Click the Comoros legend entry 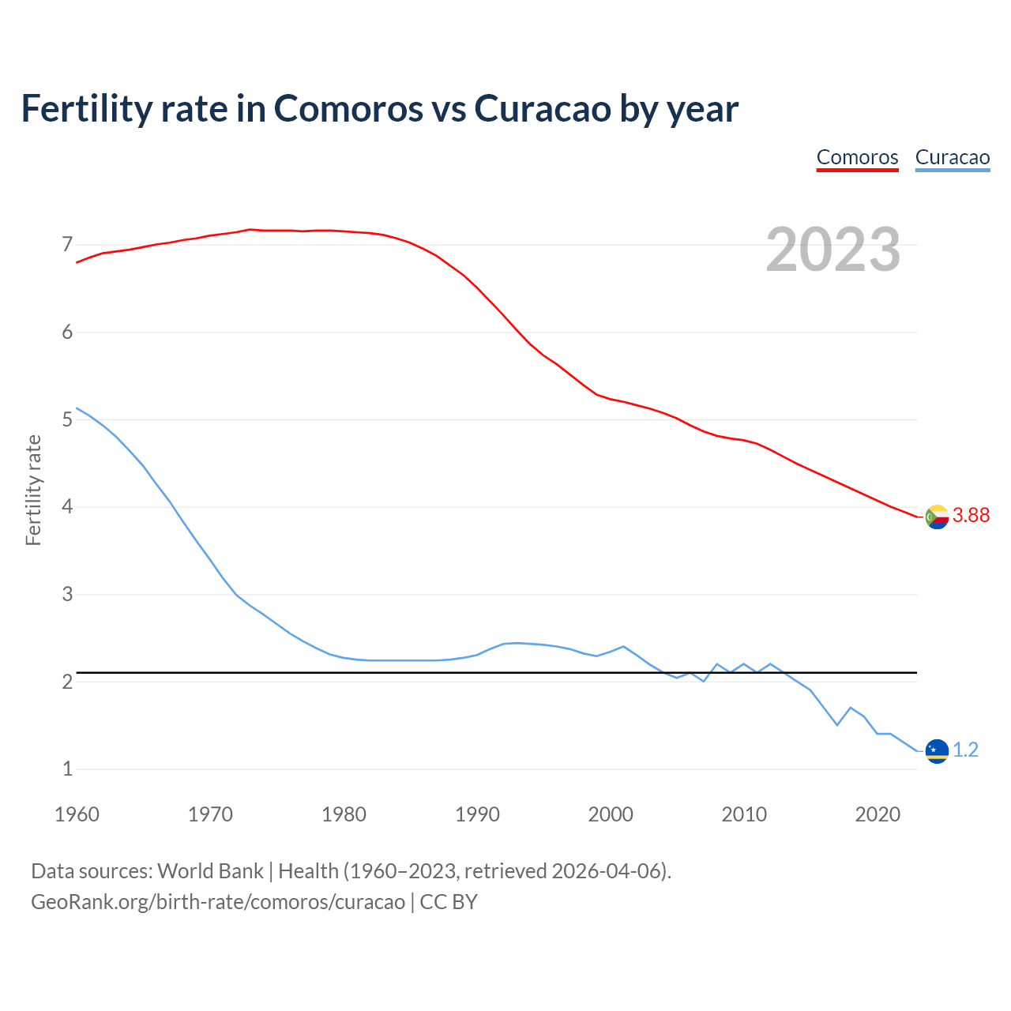pyautogui.click(x=857, y=157)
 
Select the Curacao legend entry pyautogui.click(x=952, y=157)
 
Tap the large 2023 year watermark pyautogui.click(x=832, y=250)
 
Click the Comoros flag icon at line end pyautogui.click(x=937, y=517)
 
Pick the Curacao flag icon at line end pyautogui.click(x=937, y=750)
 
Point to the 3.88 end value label pyautogui.click(x=971, y=516)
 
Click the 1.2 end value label pyautogui.click(x=965, y=750)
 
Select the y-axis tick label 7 pyautogui.click(x=67, y=245)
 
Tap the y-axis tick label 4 pyautogui.click(x=67, y=507)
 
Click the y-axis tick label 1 pyautogui.click(x=67, y=769)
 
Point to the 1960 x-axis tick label pyautogui.click(x=77, y=814)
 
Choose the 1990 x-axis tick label pyautogui.click(x=477, y=814)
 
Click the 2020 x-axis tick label pyautogui.click(x=878, y=814)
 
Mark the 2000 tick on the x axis pyautogui.click(x=611, y=814)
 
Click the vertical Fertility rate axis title pyautogui.click(x=33, y=490)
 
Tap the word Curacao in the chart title pyautogui.click(x=543, y=108)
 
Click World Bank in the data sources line pyautogui.click(x=210, y=871)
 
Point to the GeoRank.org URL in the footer pyautogui.click(x=218, y=902)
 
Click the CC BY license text pyautogui.click(x=449, y=902)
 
